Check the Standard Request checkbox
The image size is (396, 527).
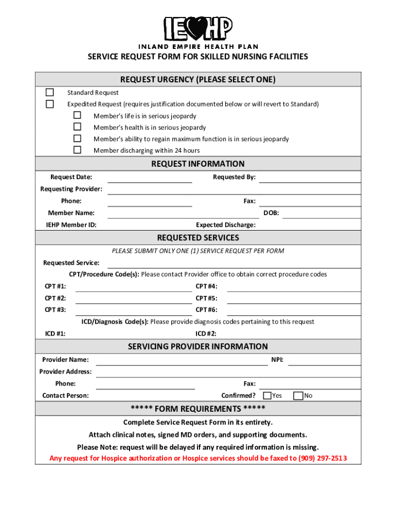pyautogui.click(x=50, y=93)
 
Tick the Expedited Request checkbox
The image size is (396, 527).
pyautogui.click(x=50, y=104)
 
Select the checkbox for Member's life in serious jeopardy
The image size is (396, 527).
pyautogui.click(x=77, y=115)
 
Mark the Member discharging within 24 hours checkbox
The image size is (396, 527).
pyautogui.click(x=77, y=150)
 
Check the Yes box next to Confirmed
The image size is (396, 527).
pyautogui.click(x=267, y=396)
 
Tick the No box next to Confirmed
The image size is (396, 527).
pyautogui.click(x=298, y=396)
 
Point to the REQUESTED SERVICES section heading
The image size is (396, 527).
pyautogui.click(x=198, y=238)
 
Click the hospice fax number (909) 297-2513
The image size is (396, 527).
pyautogui.click(x=322, y=459)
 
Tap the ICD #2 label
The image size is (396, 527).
pyautogui.click(x=206, y=334)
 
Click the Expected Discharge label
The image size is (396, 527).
pyautogui.click(x=226, y=225)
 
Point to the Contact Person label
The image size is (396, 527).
pyautogui.click(x=65, y=396)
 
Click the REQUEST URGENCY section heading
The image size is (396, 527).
pyautogui.click(x=198, y=80)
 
